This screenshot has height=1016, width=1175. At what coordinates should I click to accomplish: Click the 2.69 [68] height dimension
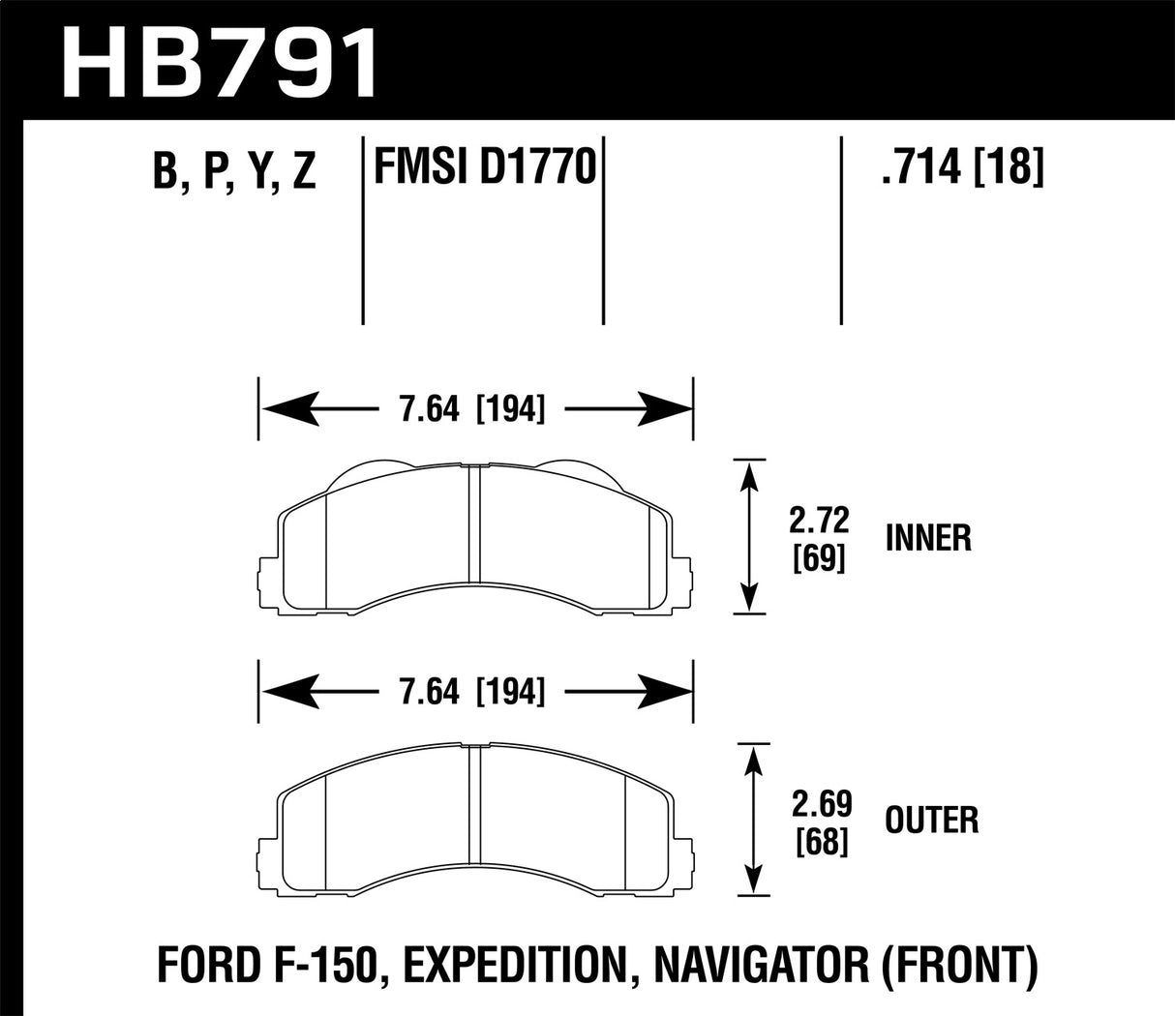click(819, 822)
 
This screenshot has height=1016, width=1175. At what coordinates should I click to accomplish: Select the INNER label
click(928, 539)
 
